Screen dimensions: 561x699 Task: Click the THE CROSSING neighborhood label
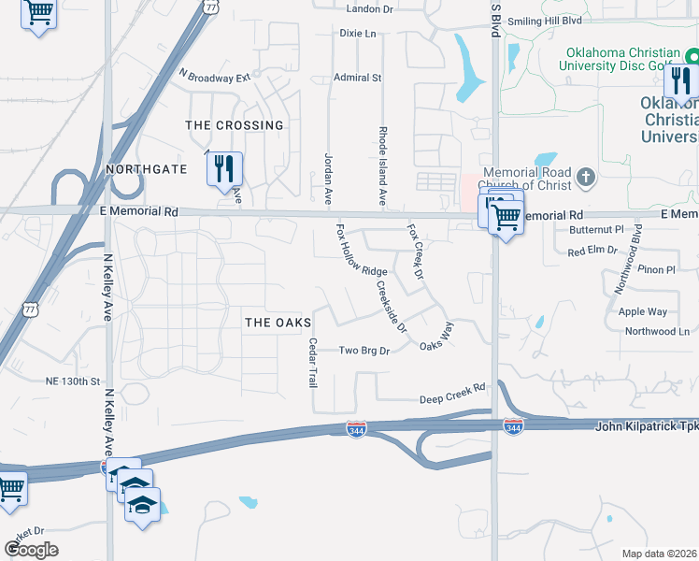point(235,125)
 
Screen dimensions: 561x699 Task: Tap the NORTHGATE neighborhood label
point(147,169)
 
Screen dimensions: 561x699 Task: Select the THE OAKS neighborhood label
point(277,323)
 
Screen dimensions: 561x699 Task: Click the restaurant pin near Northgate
point(224,168)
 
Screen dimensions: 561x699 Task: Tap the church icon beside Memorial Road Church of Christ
point(585,177)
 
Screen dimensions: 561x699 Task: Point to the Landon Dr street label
point(370,9)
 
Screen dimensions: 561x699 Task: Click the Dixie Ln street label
point(357,34)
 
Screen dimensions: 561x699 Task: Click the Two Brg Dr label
point(364,350)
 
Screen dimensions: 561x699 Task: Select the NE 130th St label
point(72,381)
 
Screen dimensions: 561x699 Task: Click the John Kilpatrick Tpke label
point(647,426)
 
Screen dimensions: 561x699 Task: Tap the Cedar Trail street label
point(313,363)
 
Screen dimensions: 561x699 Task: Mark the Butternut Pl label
point(596,229)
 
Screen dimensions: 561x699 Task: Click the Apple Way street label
point(643,311)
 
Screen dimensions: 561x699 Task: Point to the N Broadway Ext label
point(216,76)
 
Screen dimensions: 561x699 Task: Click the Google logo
point(31,550)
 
